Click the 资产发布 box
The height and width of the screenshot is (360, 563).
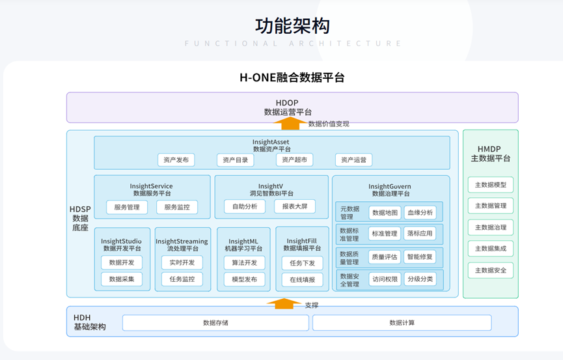click(x=176, y=160)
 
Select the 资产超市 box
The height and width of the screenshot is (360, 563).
click(x=295, y=160)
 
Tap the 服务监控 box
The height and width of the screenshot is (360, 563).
click(x=177, y=207)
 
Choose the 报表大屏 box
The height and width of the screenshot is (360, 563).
click(x=295, y=206)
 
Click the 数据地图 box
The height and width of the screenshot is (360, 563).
click(x=385, y=212)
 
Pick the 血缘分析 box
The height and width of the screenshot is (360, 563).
click(x=420, y=212)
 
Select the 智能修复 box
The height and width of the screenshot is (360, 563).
click(x=420, y=257)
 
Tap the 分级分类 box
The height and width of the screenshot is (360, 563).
click(x=420, y=279)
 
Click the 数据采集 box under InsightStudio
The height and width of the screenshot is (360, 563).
click(x=122, y=279)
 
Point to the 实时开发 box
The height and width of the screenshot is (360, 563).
click(x=182, y=263)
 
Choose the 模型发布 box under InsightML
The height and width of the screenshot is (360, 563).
click(x=244, y=279)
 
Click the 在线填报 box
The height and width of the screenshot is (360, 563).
click(x=302, y=280)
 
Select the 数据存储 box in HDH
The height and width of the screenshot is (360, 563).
click(x=215, y=323)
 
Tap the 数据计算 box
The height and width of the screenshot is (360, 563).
click(x=402, y=323)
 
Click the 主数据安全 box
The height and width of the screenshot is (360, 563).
click(x=490, y=270)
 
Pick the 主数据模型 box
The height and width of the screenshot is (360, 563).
click(x=490, y=185)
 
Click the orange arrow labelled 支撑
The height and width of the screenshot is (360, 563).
click(x=284, y=303)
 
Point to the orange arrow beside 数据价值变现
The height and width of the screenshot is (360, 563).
click(x=290, y=123)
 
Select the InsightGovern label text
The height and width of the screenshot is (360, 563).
click(x=390, y=186)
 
